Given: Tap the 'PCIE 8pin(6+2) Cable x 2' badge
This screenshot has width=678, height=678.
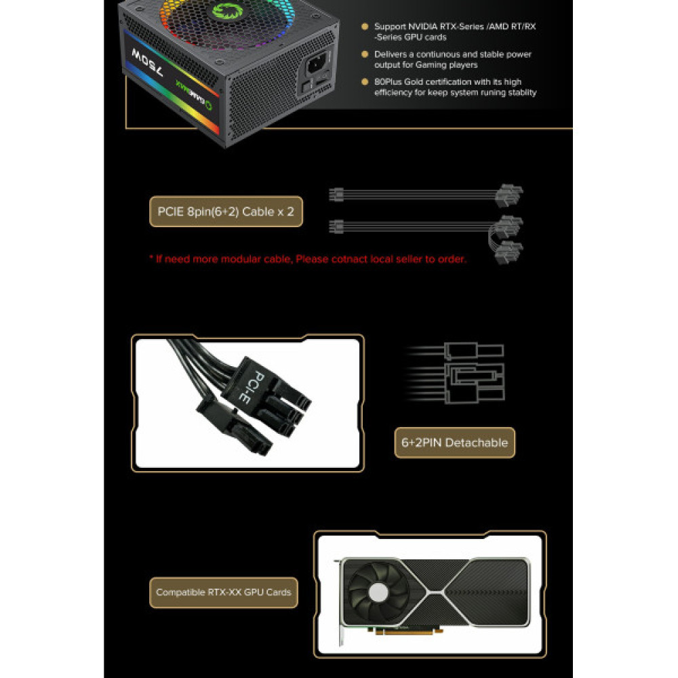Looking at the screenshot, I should pos(226,212).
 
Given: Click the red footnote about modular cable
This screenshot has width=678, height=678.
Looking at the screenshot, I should pos(307,259).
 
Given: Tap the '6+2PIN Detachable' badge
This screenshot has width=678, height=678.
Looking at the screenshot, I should pos(454,443).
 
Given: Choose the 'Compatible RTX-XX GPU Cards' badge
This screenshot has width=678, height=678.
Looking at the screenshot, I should pos(223,592).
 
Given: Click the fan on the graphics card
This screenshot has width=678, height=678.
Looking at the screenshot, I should pos(378,591).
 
